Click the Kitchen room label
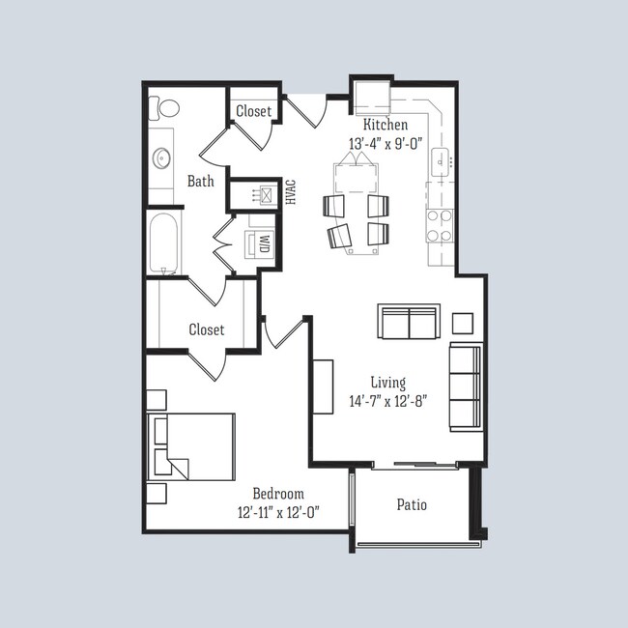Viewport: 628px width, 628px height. pos(385,126)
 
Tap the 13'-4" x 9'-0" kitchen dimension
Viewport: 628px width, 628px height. pos(385,144)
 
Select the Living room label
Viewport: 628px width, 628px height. pos(388,383)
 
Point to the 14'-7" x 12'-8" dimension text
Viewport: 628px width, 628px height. pos(387,401)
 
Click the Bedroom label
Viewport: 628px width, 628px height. pos(278,493)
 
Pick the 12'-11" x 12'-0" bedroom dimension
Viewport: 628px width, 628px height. pos(278,512)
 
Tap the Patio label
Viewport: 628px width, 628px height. pos(412,504)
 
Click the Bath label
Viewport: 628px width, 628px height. pos(201,181)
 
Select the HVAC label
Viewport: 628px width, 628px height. pos(290,191)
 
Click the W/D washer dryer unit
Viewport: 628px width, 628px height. pos(261,243)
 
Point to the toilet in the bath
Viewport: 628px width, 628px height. pos(166,107)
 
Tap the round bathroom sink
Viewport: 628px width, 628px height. pos(160,157)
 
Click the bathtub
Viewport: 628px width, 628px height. pos(162,243)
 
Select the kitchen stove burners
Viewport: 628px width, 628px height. pos(441,225)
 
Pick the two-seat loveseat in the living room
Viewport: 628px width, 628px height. pos(409,323)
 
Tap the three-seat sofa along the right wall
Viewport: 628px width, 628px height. pos(465,386)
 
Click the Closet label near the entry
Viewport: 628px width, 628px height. pos(254,111)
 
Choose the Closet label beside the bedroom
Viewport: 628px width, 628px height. pos(206,329)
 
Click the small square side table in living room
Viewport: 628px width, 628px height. pos(463,323)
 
